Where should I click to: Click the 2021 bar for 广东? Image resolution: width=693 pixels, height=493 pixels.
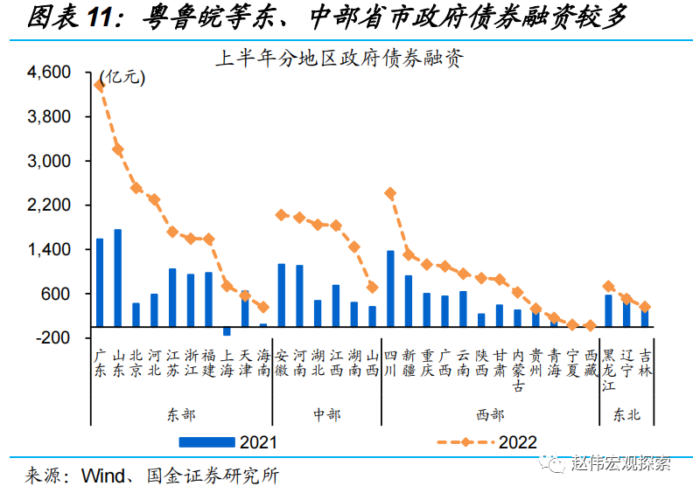[x=100, y=282]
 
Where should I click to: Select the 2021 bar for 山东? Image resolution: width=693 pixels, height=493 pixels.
[x=118, y=278]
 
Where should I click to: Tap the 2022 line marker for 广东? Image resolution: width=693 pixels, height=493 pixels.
[x=100, y=85]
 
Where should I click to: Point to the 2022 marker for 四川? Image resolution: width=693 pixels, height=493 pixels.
[x=390, y=193]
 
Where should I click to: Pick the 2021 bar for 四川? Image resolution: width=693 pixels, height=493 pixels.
[x=390, y=288]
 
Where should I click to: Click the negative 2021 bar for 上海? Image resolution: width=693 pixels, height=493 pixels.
[x=227, y=331]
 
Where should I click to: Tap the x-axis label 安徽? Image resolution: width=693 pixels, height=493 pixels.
[x=282, y=363]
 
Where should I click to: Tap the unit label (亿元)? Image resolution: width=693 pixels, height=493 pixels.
[x=122, y=77]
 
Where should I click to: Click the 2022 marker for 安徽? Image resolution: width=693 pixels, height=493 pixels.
[x=282, y=214]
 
